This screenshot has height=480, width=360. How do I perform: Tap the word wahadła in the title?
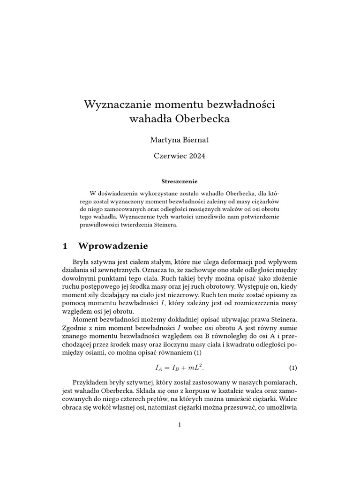150,119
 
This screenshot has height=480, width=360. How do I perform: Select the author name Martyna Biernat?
180,139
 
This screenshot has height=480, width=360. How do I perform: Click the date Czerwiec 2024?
180,156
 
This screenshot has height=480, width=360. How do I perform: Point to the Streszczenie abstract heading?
180,180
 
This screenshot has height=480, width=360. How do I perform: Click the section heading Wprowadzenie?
112,246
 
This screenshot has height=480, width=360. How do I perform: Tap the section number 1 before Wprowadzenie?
66,246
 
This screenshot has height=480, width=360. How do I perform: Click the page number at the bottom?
180,425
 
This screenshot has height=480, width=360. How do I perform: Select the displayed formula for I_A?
180,367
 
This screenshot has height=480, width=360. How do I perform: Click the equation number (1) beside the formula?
293,367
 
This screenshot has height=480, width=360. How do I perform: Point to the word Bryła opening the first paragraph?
82,261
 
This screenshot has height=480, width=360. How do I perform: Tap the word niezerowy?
188,295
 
